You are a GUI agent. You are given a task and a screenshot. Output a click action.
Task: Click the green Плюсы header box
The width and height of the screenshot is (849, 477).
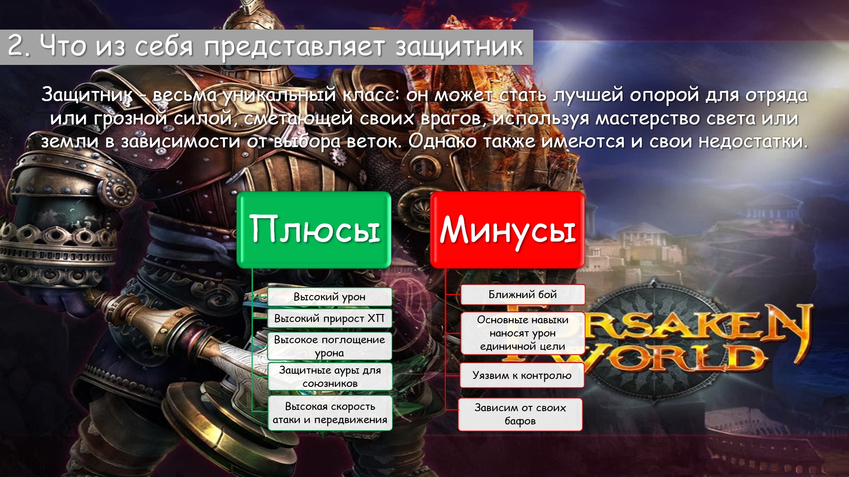(314, 230)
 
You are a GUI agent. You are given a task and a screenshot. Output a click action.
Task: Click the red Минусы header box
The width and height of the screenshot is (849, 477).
(507, 230)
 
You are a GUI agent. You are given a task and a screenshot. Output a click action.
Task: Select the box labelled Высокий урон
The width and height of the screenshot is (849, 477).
(329, 297)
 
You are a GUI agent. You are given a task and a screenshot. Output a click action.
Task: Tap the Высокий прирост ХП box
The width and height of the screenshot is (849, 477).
(329, 318)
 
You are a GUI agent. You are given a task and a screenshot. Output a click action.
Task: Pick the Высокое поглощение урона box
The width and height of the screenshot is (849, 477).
(329, 346)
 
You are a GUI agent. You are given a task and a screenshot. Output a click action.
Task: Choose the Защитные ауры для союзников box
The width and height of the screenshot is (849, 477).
(330, 377)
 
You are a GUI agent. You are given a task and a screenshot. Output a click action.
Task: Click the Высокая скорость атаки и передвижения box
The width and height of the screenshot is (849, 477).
(330, 413)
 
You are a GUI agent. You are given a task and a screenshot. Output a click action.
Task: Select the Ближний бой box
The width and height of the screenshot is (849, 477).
(523, 295)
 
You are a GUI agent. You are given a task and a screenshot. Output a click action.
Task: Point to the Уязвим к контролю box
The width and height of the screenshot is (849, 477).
(522, 375)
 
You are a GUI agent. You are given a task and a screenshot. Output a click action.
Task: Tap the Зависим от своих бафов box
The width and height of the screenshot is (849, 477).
(520, 414)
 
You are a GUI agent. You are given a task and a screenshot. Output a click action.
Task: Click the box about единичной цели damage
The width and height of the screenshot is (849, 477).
(523, 333)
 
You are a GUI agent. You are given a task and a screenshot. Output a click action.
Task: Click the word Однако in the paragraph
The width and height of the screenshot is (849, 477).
(442, 142)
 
